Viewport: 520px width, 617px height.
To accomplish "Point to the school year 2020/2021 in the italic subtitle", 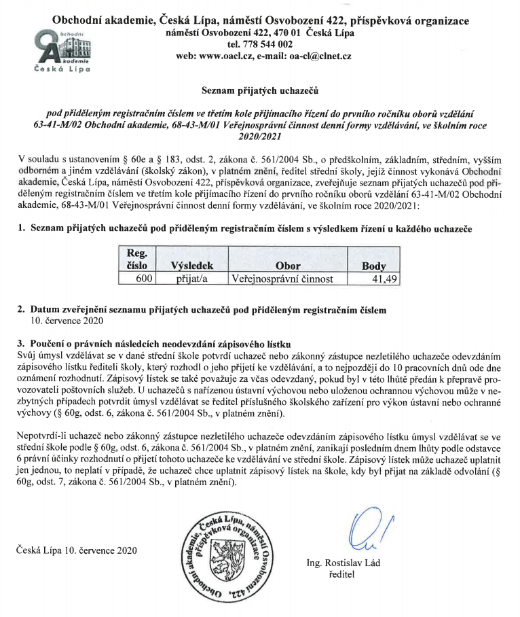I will coord(260,135).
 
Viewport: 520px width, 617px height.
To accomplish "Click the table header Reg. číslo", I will coord(138,260).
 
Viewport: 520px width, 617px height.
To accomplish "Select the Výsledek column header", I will coord(193,266).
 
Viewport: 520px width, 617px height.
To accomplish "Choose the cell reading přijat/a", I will coord(192,279).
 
